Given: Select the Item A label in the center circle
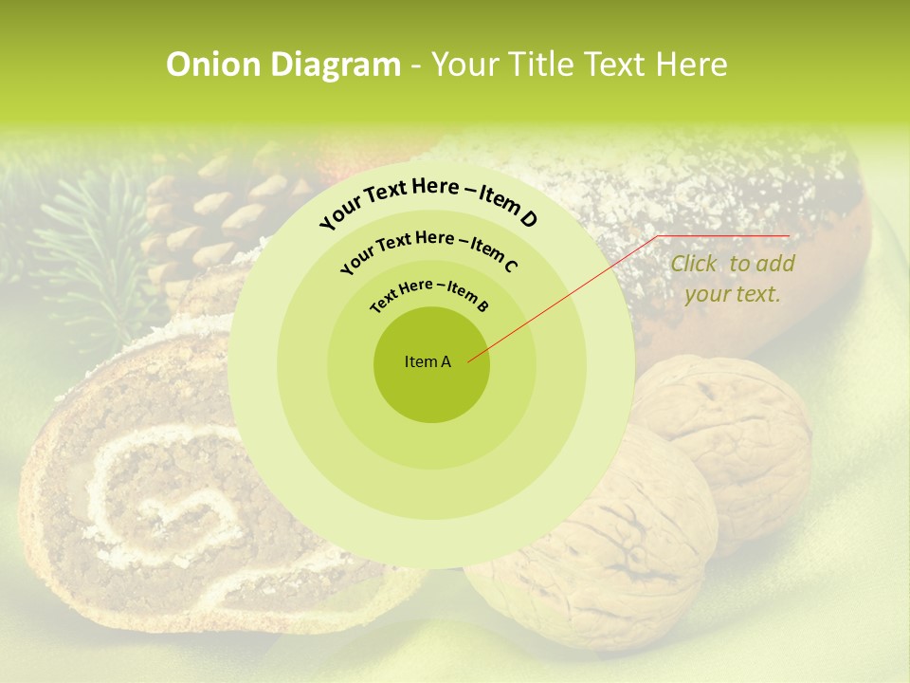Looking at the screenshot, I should (428, 361).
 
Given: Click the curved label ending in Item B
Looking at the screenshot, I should (428, 293).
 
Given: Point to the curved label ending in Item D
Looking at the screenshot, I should (428, 201).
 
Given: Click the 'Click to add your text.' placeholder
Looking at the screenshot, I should (732, 279).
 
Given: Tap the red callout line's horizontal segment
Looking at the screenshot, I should (725, 235).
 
